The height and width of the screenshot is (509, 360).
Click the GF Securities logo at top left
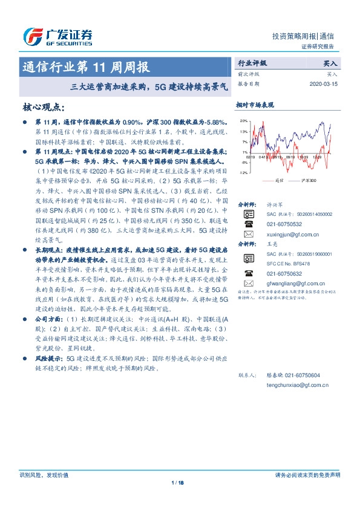pyautogui.click(x=57, y=37)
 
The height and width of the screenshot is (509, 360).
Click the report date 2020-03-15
pyautogui.click(x=323, y=84)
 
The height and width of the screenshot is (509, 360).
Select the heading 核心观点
pyautogui.click(x=44, y=108)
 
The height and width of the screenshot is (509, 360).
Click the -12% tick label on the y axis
pyautogui.click(x=243, y=173)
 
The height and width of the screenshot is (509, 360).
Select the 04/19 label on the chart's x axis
pyautogui.click(x=263, y=155)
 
